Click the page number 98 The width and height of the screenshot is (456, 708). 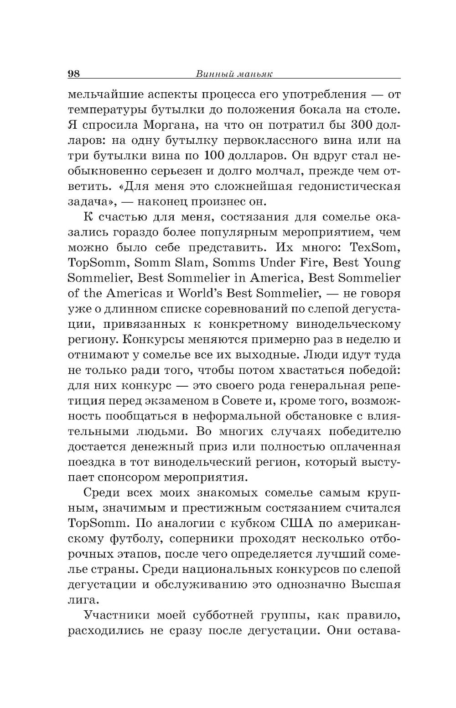[x=74, y=74]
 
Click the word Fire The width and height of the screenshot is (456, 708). [x=307, y=263]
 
